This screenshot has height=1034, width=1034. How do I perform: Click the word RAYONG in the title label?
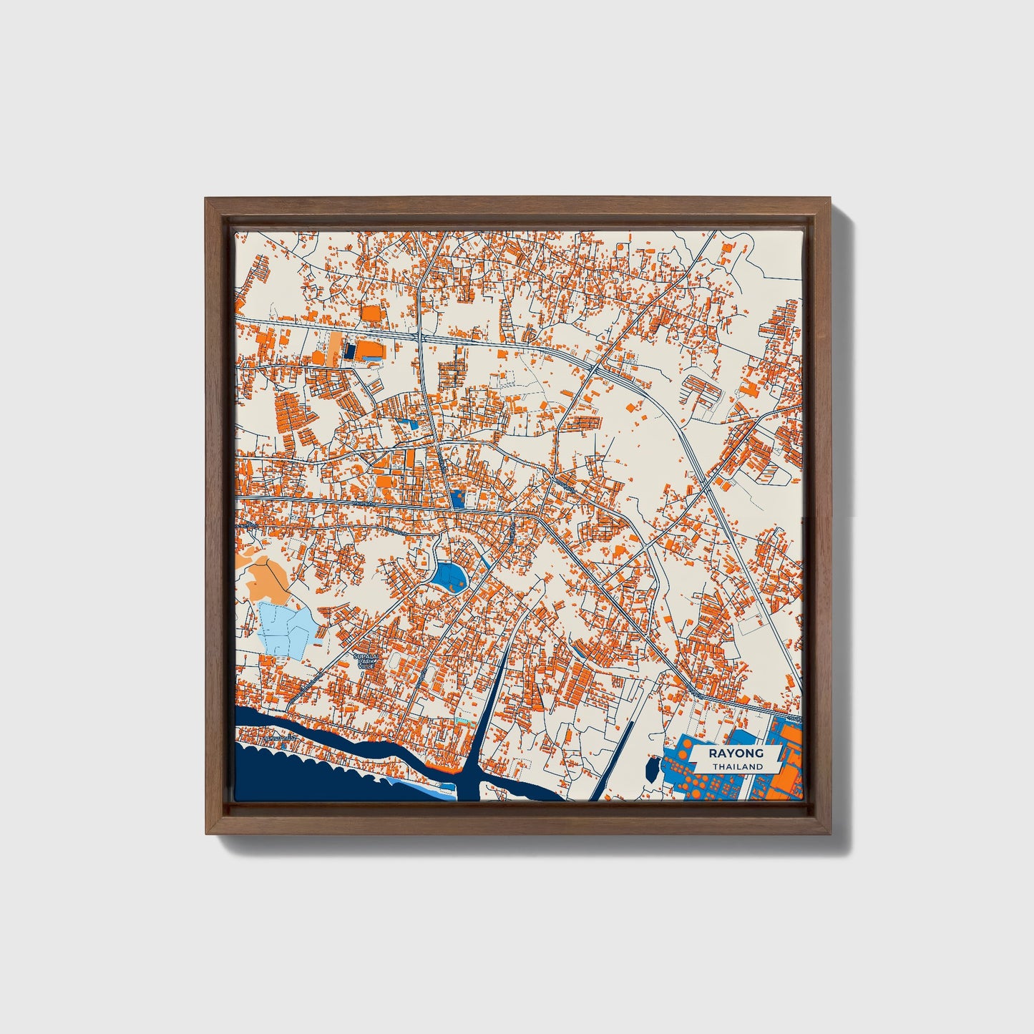point(736,753)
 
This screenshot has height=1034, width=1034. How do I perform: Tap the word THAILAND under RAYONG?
point(736,766)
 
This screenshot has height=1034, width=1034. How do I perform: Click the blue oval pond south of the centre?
point(449,574)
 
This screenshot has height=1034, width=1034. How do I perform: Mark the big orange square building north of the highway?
point(371,313)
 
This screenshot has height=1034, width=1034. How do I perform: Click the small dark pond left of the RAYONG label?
point(652,770)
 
